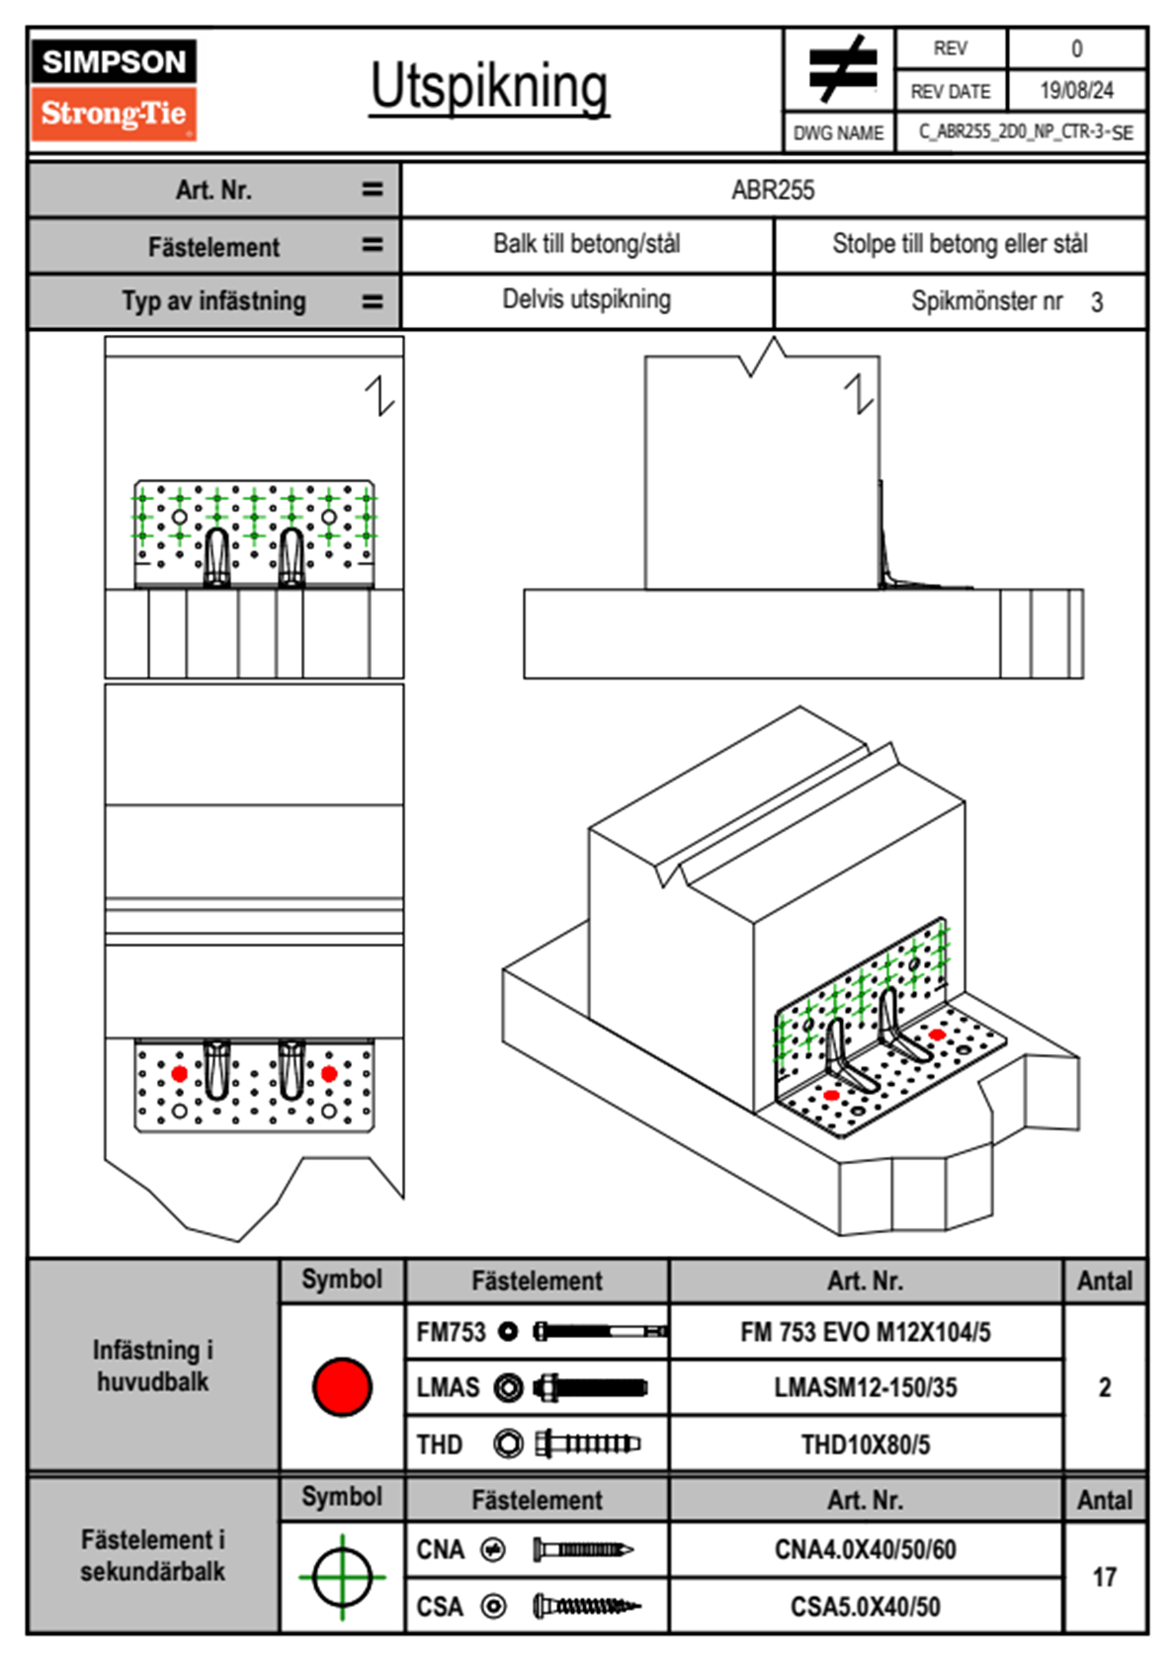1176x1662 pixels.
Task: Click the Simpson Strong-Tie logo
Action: tap(114, 90)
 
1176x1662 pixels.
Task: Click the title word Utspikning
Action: tap(489, 87)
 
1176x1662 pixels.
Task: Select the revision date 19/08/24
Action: tap(1076, 91)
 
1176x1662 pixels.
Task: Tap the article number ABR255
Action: tap(773, 191)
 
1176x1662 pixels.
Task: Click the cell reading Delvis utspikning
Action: tap(586, 299)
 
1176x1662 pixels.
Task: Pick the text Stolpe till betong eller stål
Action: tap(960, 244)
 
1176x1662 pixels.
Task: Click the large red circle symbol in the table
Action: tap(342, 1386)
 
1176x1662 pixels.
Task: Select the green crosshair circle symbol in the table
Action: tap(342, 1577)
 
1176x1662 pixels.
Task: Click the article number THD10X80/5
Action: tap(865, 1445)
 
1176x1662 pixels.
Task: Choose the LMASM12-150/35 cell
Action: tap(865, 1387)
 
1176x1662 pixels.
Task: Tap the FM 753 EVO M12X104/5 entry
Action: tap(865, 1332)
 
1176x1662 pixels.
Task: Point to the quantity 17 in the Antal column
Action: tap(1104, 1577)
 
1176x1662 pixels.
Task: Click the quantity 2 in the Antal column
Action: tap(1104, 1387)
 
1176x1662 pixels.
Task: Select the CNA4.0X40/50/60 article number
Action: tap(865, 1549)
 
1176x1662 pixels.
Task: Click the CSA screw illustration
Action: tap(585, 1607)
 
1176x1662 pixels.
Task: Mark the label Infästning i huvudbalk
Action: tap(152, 1366)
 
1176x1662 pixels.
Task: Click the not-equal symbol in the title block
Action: tap(841, 69)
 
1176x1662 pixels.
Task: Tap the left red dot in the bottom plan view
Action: tap(179, 1074)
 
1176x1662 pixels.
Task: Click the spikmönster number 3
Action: tap(1097, 302)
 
